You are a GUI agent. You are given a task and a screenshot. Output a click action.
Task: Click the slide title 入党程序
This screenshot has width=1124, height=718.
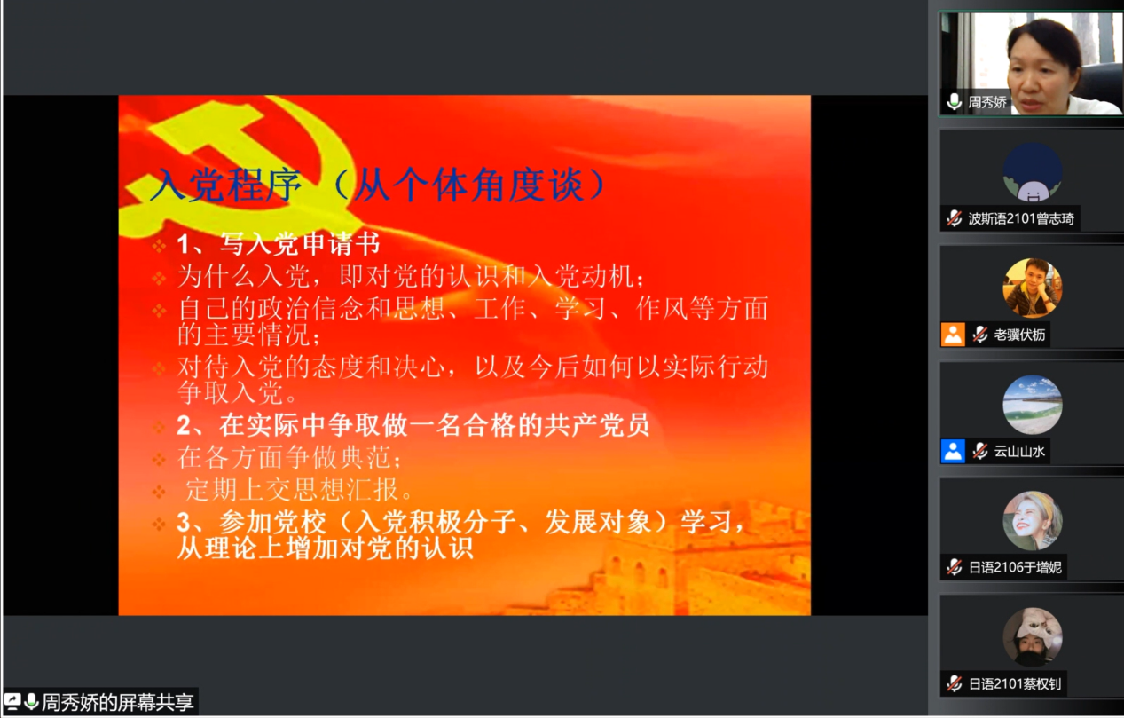click(226, 185)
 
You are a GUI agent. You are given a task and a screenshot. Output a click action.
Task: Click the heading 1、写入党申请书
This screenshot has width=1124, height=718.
click(279, 244)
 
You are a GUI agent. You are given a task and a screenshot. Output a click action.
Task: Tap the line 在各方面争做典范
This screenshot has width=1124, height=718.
click(289, 457)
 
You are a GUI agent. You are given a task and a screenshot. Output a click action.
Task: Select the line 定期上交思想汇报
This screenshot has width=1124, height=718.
click(299, 490)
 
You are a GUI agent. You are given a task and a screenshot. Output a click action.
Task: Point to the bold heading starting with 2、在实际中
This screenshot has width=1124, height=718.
click(413, 425)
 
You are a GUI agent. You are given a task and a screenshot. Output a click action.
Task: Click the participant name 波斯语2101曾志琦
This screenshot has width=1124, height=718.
click(1020, 218)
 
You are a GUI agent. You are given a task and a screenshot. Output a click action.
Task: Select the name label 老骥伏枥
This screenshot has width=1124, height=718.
click(1019, 335)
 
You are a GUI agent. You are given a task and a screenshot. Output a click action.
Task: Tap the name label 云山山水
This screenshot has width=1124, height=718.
click(1019, 452)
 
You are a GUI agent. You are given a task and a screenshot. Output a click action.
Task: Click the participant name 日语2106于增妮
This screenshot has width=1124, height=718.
click(1015, 567)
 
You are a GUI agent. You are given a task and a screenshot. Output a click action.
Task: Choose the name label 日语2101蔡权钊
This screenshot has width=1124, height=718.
click(1015, 684)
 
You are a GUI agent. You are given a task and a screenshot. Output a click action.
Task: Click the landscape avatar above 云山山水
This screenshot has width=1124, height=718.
click(1032, 405)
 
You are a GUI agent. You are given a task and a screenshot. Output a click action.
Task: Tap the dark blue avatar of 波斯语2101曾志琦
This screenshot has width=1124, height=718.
click(1032, 171)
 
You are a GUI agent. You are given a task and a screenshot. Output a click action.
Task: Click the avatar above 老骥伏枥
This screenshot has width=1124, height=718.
click(1032, 288)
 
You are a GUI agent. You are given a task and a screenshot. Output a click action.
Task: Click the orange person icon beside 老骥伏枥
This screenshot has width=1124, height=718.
click(953, 335)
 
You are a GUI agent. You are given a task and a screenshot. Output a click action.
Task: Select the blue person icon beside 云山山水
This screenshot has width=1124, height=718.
click(953, 452)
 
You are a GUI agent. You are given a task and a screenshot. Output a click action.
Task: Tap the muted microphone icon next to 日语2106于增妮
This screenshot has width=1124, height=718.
click(954, 567)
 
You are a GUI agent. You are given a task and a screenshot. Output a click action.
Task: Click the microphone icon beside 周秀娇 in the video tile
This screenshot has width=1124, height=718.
click(954, 102)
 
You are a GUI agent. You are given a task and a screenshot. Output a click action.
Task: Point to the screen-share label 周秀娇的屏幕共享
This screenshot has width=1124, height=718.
click(117, 702)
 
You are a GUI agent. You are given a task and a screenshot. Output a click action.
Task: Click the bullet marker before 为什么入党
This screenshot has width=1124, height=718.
click(159, 278)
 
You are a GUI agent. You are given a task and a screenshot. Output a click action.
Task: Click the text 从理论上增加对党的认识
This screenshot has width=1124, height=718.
click(326, 548)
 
